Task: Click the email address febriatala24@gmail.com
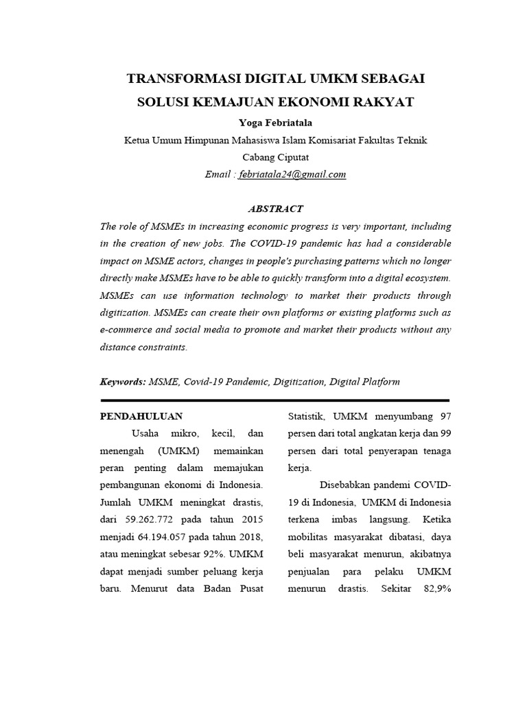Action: [x=292, y=174]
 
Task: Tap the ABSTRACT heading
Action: [x=274, y=208]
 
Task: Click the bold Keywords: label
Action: [x=124, y=381]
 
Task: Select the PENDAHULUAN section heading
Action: [x=141, y=416]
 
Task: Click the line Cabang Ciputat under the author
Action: [x=274, y=157]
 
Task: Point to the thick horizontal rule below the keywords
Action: [x=274, y=400]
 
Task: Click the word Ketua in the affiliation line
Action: [x=137, y=140]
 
